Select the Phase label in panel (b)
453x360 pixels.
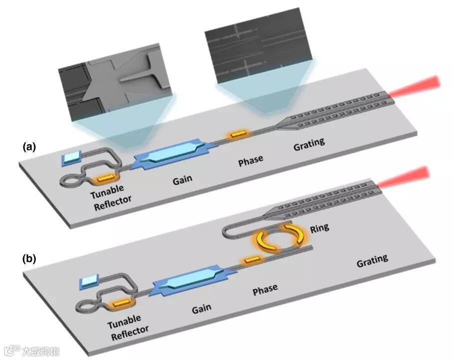[x=264, y=290]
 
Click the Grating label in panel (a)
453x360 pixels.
[x=308, y=145]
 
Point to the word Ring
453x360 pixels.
[x=319, y=229]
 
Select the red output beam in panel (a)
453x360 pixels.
[x=417, y=86]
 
